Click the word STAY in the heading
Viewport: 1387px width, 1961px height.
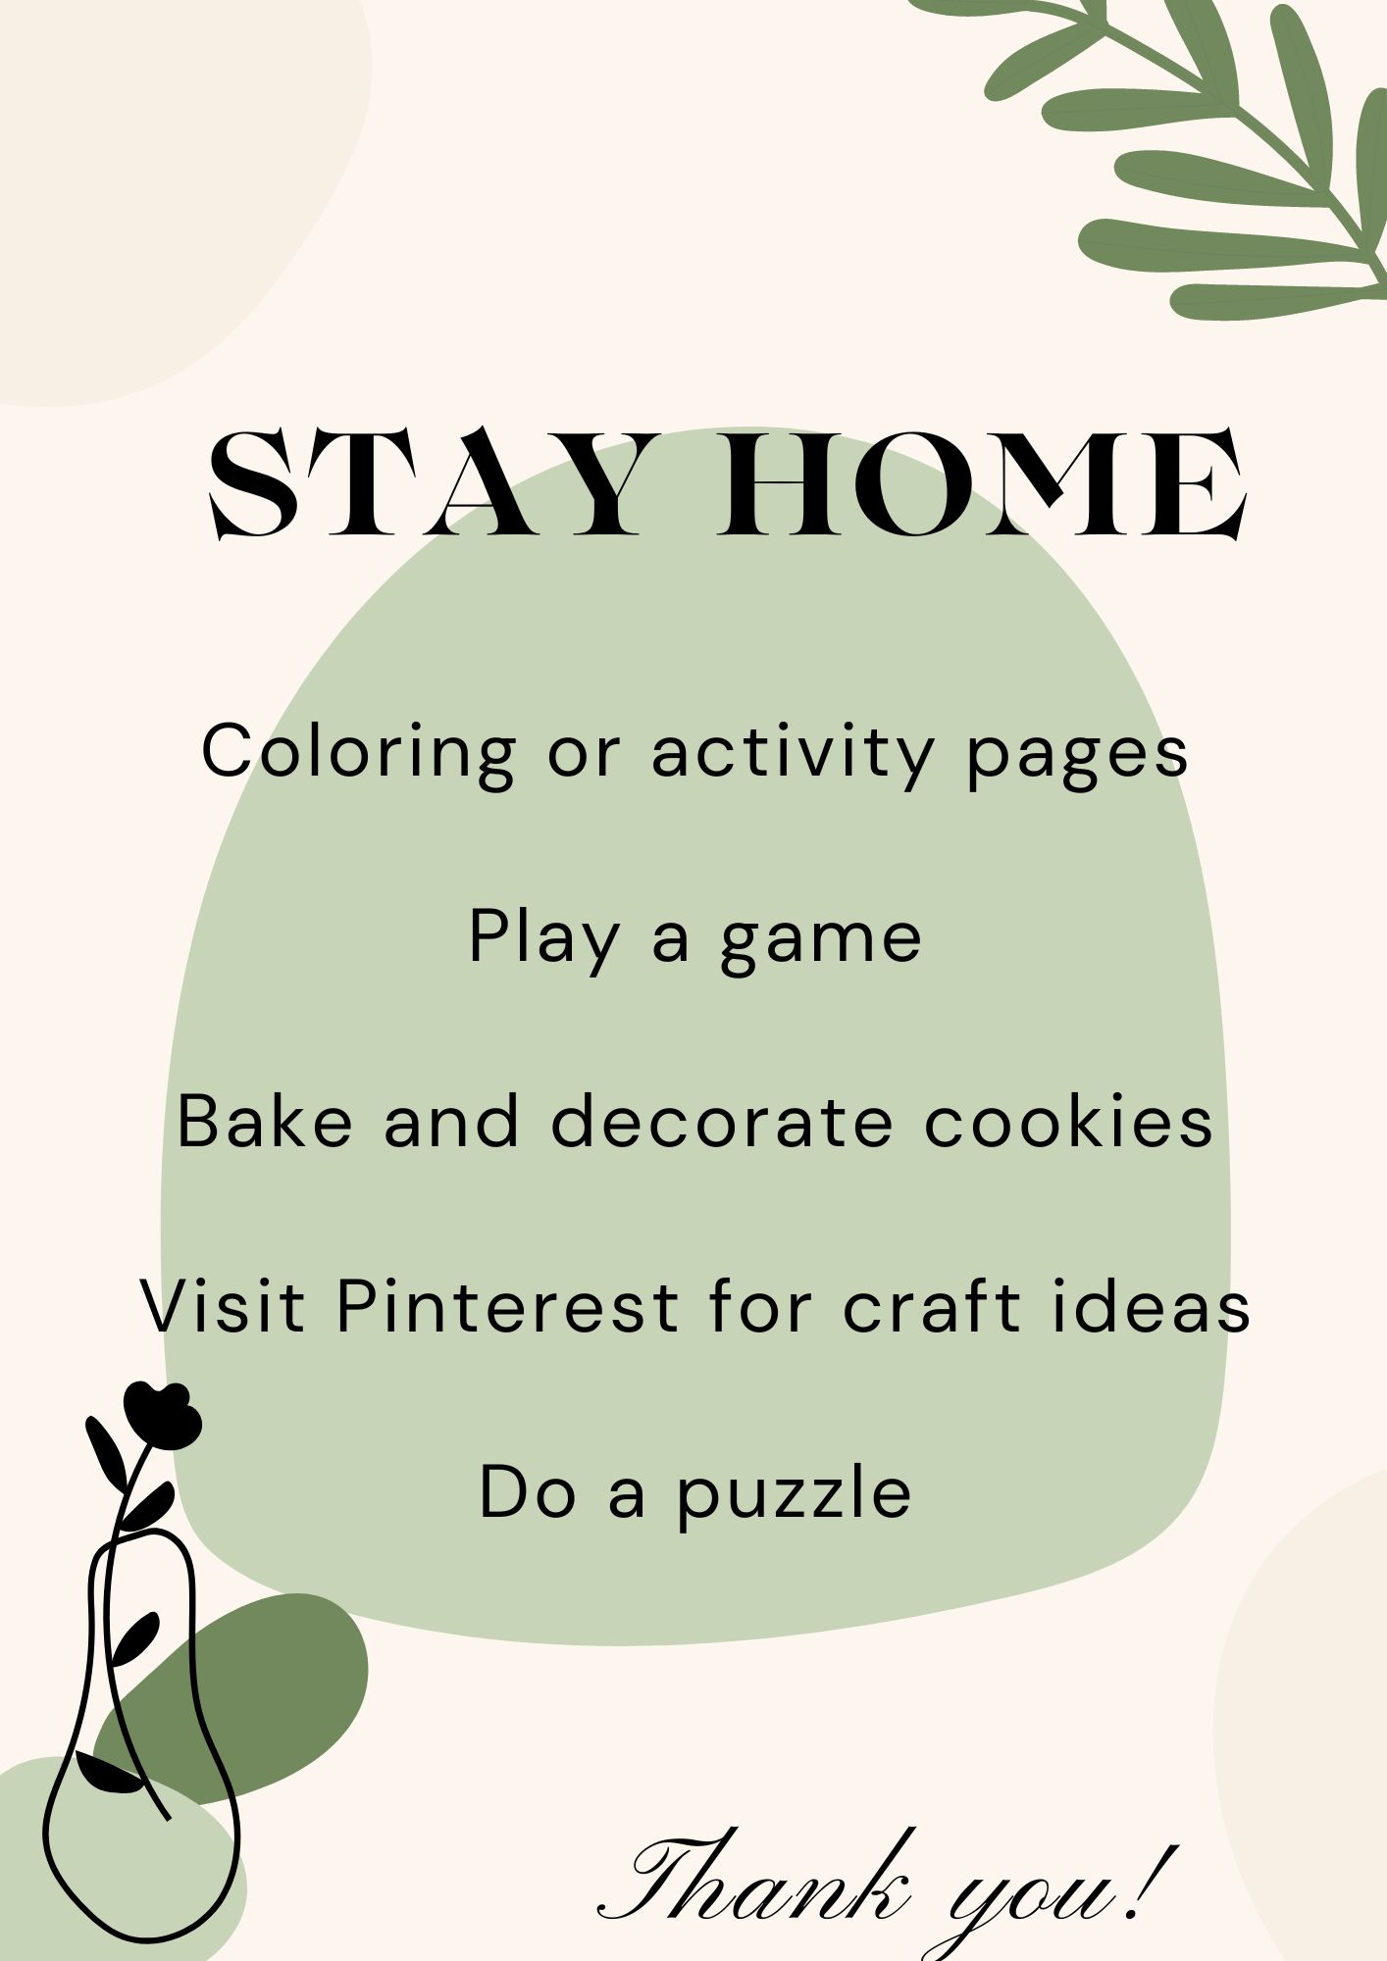click(x=427, y=484)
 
